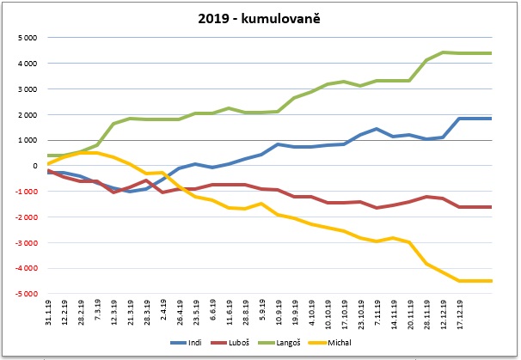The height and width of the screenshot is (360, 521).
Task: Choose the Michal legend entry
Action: point(352,344)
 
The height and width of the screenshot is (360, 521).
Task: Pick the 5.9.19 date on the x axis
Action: point(261,312)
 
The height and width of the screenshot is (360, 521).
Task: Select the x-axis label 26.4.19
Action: point(180,314)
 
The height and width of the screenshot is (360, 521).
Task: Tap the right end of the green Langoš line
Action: point(490,53)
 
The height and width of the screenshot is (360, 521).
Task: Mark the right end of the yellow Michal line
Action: point(490,281)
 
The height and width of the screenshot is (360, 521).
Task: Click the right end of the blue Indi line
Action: point(490,119)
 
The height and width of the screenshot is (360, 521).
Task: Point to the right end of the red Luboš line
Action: point(490,207)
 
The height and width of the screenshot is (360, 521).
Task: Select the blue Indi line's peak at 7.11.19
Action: point(376,129)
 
